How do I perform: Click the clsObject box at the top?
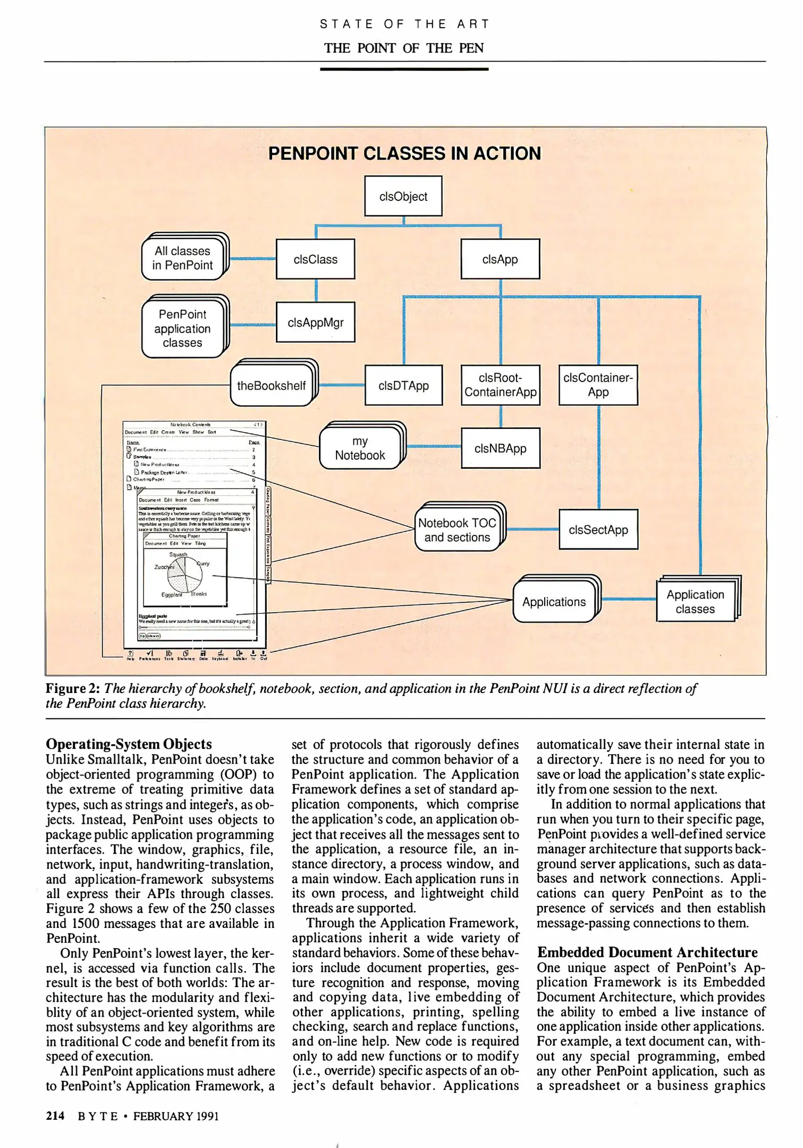tap(403, 196)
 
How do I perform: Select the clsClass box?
tap(315, 259)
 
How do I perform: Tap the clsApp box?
tap(500, 259)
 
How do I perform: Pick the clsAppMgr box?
tap(315, 322)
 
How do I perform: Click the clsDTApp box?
tap(403, 385)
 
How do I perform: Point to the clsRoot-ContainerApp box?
tap(500, 385)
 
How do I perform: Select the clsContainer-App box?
tap(598, 385)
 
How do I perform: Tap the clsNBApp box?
tap(500, 448)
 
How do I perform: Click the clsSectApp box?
tap(598, 529)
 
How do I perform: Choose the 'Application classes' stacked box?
tap(695, 602)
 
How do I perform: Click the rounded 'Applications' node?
tap(554, 602)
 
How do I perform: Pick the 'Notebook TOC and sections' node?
tap(457, 530)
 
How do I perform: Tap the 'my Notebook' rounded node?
tap(360, 448)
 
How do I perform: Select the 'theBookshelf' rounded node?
tap(271, 385)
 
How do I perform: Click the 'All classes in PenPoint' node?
tap(182, 258)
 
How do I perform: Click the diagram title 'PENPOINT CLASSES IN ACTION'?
tap(404, 153)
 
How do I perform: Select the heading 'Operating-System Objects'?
tap(129, 744)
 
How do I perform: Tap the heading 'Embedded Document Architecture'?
tap(647, 952)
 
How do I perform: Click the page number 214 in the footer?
tap(55, 1116)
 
